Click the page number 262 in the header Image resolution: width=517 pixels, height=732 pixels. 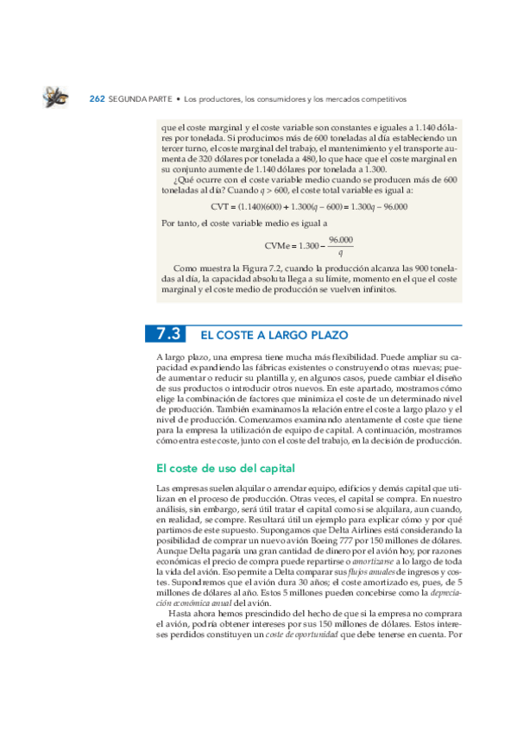(x=98, y=98)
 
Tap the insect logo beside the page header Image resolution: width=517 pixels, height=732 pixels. (x=56, y=98)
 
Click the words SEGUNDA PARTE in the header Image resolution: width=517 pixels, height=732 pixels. (x=136, y=98)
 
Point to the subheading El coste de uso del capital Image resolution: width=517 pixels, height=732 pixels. (x=225, y=469)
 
